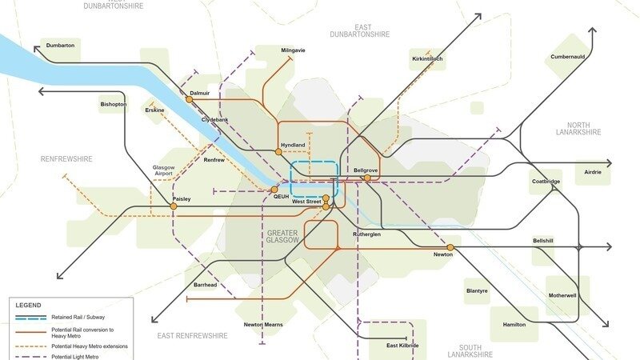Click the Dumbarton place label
(x=60, y=46)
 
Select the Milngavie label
(x=293, y=50)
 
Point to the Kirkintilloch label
(x=427, y=59)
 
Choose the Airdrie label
(x=593, y=172)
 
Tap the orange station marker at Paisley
(x=174, y=206)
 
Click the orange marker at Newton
(x=450, y=247)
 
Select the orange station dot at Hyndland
(x=278, y=151)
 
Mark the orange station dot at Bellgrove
(x=367, y=178)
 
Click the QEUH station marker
(x=274, y=190)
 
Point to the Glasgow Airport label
(x=163, y=170)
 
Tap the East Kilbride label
(x=402, y=346)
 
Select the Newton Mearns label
(x=262, y=325)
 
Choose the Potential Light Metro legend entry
(x=74, y=356)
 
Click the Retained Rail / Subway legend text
(x=78, y=318)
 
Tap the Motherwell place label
(x=562, y=295)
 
